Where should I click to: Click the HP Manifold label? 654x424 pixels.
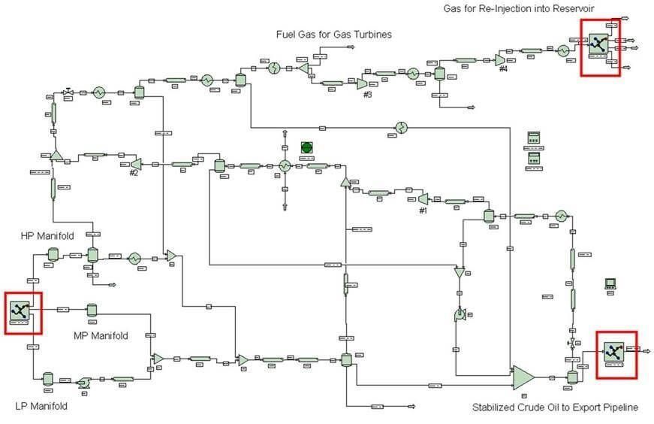47,236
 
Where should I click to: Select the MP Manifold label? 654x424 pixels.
101,335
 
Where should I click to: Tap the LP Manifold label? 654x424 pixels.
41,406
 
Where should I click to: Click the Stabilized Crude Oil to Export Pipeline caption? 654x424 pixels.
555,407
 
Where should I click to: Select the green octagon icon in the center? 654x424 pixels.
307,147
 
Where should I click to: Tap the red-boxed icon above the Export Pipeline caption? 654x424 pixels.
614,350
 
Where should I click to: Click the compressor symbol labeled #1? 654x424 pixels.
423,198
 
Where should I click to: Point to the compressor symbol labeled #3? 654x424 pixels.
362,83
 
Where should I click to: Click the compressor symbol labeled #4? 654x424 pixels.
500,59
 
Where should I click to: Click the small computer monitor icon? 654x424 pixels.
610,283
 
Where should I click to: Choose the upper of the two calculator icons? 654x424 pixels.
534,138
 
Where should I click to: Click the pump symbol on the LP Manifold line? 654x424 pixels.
83,383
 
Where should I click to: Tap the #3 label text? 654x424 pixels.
367,95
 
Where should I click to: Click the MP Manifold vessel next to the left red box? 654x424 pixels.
92,310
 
